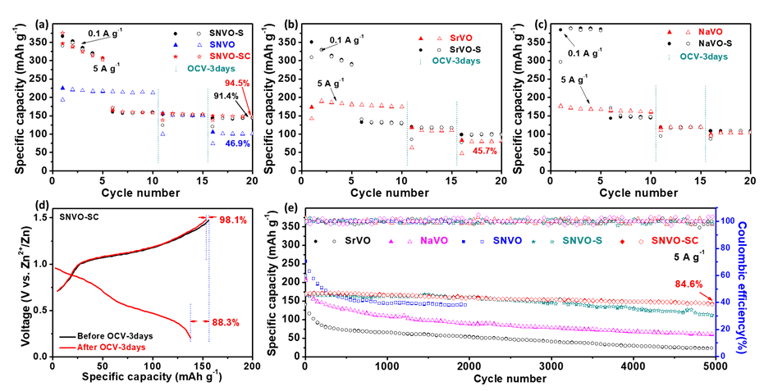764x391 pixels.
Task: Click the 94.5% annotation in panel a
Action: coord(238,83)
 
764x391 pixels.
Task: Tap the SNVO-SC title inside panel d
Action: coord(75,217)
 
